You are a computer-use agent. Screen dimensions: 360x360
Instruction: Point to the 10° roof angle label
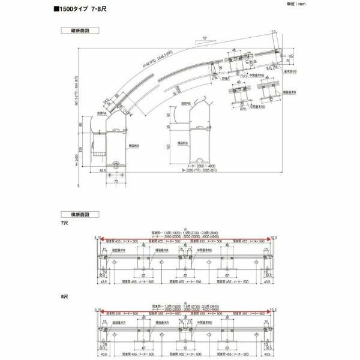click(x=205, y=38)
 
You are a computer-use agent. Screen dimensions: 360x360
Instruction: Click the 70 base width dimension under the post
click(x=115, y=179)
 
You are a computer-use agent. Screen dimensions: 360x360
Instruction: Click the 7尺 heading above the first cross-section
click(x=65, y=223)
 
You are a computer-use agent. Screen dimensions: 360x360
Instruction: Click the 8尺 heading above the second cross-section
click(x=65, y=295)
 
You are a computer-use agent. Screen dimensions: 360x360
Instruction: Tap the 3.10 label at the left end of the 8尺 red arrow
click(x=98, y=310)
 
